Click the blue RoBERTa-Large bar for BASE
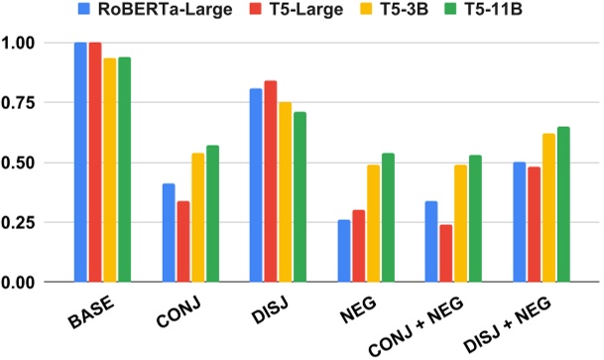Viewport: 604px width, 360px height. pos(80,163)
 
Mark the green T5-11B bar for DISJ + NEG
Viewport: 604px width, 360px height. pos(564,204)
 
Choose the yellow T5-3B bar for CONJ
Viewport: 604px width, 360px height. pos(197,217)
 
